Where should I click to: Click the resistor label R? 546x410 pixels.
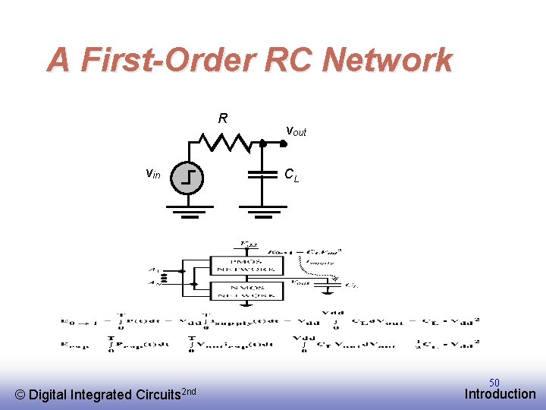point(223,118)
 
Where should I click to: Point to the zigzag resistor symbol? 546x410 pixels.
point(224,142)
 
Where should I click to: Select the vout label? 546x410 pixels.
point(296,131)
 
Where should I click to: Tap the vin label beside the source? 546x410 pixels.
point(153,173)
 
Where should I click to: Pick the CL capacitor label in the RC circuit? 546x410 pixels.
point(292,175)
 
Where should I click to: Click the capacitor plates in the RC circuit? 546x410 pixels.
point(262,175)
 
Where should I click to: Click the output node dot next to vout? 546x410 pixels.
point(262,142)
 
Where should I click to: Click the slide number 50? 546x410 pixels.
point(494,383)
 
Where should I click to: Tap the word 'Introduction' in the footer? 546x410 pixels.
point(500,394)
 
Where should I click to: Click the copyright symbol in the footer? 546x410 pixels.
point(20,395)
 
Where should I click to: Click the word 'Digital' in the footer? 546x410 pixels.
point(49,395)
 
